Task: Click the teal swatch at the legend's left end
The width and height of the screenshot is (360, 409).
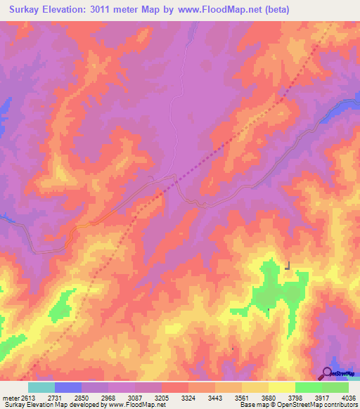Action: pos(41,387)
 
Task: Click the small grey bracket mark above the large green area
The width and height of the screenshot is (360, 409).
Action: pos(288,266)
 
